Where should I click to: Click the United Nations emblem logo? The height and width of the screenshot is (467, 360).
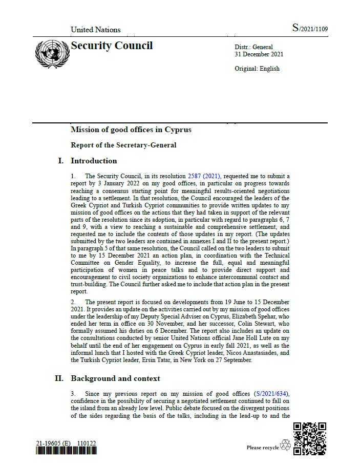tap(51, 54)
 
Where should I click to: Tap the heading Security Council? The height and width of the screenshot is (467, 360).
tap(112, 46)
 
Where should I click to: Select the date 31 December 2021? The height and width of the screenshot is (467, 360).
tap(259, 54)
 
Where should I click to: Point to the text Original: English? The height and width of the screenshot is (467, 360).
tap(257, 69)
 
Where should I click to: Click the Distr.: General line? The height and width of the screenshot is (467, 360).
tap(253, 47)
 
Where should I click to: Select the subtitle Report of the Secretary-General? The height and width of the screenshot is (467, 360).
tap(123, 145)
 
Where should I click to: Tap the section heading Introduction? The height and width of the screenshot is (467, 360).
tap(94, 161)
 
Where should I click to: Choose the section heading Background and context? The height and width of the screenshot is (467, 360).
tap(115, 378)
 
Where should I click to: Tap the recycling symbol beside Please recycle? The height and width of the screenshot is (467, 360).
tap(285, 445)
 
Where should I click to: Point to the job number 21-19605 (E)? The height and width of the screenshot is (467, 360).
tap(53, 442)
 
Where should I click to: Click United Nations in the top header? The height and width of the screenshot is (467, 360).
tap(95, 30)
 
